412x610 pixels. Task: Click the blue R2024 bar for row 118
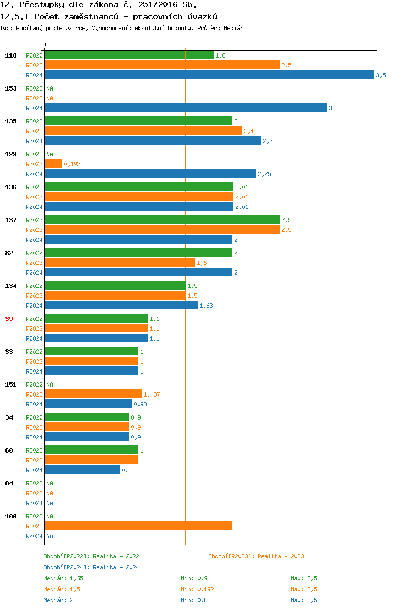[x=209, y=75]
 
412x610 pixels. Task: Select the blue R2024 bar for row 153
[x=186, y=108]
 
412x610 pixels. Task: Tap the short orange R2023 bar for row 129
[x=53, y=164]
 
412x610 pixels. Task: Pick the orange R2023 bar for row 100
[x=138, y=526]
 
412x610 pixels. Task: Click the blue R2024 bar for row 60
[x=82, y=470]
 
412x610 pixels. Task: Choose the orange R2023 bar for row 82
[x=120, y=263]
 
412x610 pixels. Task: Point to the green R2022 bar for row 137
[x=162, y=220]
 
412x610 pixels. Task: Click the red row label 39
[x=9, y=319]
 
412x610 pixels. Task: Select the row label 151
[x=10, y=385]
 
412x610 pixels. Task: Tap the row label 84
[x=9, y=483]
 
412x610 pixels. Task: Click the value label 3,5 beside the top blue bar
[x=381, y=75]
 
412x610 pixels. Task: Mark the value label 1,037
[x=152, y=394]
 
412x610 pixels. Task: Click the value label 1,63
[x=206, y=306]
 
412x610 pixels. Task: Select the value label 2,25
[x=264, y=174]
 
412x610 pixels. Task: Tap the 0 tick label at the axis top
[x=44, y=45]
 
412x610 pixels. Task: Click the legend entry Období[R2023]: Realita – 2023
[x=256, y=556]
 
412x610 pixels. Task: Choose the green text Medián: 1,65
[x=63, y=578]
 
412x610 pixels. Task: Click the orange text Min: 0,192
[x=197, y=589]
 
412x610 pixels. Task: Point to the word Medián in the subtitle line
[x=233, y=28]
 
